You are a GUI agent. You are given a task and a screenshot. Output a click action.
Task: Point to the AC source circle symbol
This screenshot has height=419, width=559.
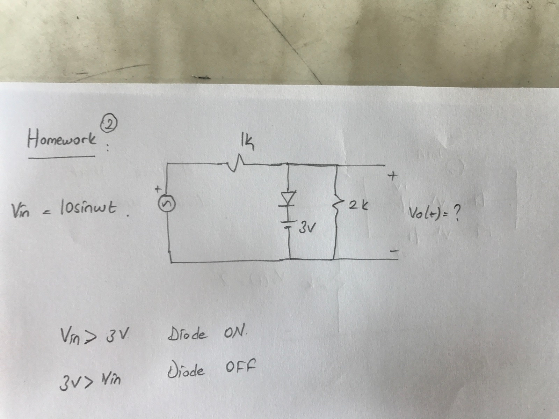click(167, 204)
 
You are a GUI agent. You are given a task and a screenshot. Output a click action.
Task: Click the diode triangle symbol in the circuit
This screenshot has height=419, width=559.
click(290, 198)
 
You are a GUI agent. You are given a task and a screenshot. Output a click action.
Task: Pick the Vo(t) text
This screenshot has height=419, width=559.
click(421, 212)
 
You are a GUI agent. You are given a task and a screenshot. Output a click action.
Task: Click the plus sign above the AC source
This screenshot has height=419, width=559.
click(158, 189)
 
